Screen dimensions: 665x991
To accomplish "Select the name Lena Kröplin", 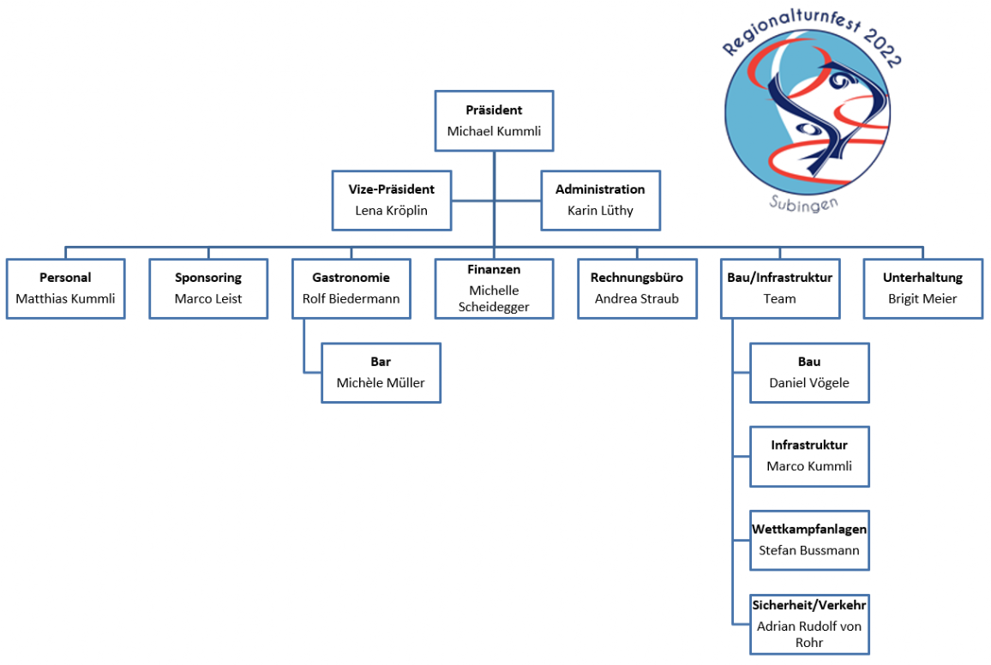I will click(x=392, y=210).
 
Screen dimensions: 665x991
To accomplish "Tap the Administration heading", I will click(x=600, y=189).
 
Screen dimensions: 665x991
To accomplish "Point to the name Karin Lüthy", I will click(x=600, y=210).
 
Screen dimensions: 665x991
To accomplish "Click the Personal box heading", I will click(x=65, y=278).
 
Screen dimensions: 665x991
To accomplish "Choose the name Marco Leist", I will click(x=208, y=299).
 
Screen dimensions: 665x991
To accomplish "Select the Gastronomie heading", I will click(x=351, y=278).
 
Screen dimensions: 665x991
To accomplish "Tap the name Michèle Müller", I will click(x=381, y=383).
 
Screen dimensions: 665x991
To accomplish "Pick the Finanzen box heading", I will click(x=494, y=269).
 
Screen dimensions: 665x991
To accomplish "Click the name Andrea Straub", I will click(x=637, y=299).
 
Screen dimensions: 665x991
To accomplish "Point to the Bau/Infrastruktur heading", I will click(x=779, y=278).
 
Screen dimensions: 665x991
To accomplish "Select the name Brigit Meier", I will click(x=922, y=299).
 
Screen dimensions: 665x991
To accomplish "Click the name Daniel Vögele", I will click(x=809, y=383).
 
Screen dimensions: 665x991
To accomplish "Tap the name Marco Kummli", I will click(x=809, y=466).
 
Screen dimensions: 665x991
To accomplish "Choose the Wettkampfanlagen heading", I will click(x=809, y=530).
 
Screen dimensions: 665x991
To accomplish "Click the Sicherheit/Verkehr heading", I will click(x=809, y=605).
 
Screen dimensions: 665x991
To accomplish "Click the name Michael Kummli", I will click(x=494, y=132).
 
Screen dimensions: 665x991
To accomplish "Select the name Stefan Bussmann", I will click(x=809, y=550).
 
